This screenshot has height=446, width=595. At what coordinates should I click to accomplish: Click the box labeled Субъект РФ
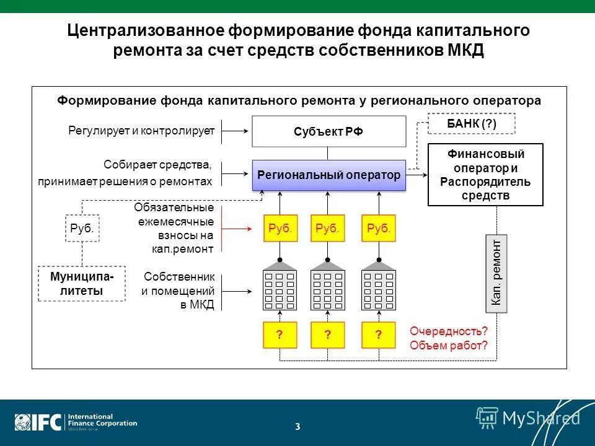pos(328,131)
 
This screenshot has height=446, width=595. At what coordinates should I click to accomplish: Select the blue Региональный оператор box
pos(328,175)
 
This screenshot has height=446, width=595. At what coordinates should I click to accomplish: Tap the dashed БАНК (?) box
pos(472,124)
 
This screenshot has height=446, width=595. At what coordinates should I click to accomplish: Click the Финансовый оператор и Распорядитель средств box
pos(485,174)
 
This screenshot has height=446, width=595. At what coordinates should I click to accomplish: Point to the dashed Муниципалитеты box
pos(81,284)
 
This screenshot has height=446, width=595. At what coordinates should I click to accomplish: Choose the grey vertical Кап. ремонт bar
pos(495,273)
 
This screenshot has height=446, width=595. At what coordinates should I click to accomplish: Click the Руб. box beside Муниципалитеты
pos(82,228)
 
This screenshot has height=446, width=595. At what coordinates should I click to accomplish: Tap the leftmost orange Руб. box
pos(280,228)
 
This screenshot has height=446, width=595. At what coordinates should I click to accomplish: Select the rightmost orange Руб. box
pos(379,228)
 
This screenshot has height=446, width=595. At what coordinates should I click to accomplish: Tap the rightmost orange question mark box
pos(379,335)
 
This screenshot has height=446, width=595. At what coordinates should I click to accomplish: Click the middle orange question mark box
pos(328,335)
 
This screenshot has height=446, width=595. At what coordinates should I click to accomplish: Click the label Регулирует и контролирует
pos(141,131)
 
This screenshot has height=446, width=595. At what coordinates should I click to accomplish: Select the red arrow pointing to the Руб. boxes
pos(239,228)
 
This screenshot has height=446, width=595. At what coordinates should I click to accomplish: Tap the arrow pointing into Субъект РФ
pos(236,131)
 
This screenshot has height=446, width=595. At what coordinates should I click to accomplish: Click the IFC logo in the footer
pos(38,422)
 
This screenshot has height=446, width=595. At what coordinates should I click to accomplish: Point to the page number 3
pos(297,426)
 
